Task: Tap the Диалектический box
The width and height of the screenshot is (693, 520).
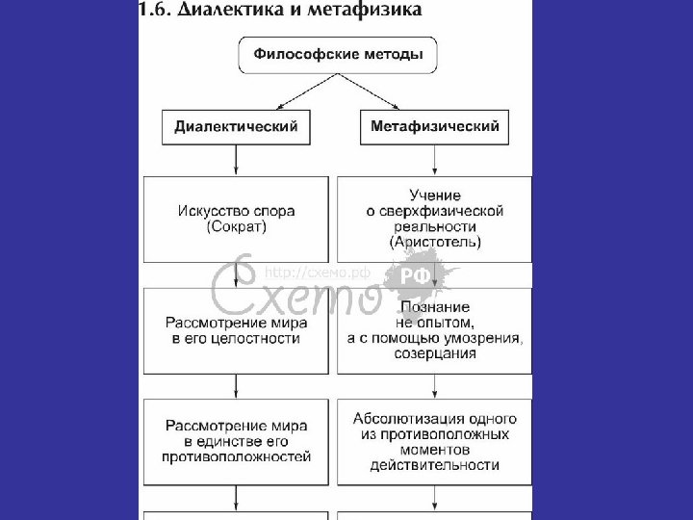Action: pos(236,126)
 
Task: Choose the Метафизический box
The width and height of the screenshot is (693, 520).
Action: pos(434,126)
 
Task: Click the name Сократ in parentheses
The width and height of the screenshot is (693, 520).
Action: pos(236,227)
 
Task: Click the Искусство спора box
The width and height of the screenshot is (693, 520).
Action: pos(237,218)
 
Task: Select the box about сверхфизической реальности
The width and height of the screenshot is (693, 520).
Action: pos(435,219)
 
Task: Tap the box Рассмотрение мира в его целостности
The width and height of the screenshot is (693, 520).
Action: pos(237,331)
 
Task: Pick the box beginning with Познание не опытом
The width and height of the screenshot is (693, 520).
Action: pos(435,330)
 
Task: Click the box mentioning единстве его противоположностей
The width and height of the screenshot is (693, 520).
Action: pos(237,441)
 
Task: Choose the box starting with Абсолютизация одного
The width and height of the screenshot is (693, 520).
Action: pos(435,442)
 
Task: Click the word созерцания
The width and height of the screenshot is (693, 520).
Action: pos(435,354)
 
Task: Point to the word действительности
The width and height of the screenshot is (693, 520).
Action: pos(435,466)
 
